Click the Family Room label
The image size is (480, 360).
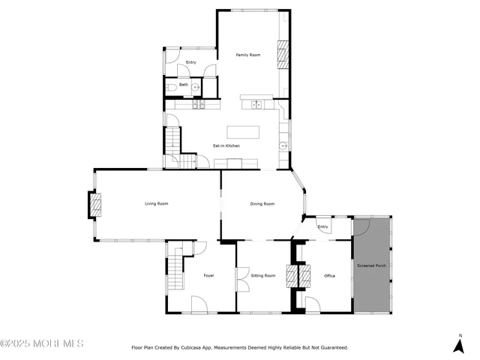pyautogui.click(x=247, y=55)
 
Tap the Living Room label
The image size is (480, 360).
pyautogui.click(x=156, y=204)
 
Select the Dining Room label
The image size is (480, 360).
pyautogui.click(x=262, y=204)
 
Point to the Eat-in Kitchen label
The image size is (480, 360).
pyautogui.click(x=226, y=145)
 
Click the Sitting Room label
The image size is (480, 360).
pyautogui.click(x=263, y=276)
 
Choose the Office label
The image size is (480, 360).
pyautogui.click(x=329, y=276)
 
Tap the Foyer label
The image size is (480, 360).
pyautogui.click(x=208, y=276)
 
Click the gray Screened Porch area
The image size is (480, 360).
pyautogui.click(x=371, y=266)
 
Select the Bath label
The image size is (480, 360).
pyautogui.click(x=183, y=85)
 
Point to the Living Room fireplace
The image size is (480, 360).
pyautogui.click(x=95, y=205)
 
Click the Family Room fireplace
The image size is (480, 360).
pyautogui.click(x=283, y=54)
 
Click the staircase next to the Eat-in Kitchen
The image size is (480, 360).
pyautogui.click(x=174, y=140)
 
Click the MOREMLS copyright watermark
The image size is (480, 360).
pyautogui.click(x=42, y=343)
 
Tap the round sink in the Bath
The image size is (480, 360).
pyautogui.click(x=196, y=88)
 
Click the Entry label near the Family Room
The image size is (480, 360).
pyautogui.click(x=190, y=62)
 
